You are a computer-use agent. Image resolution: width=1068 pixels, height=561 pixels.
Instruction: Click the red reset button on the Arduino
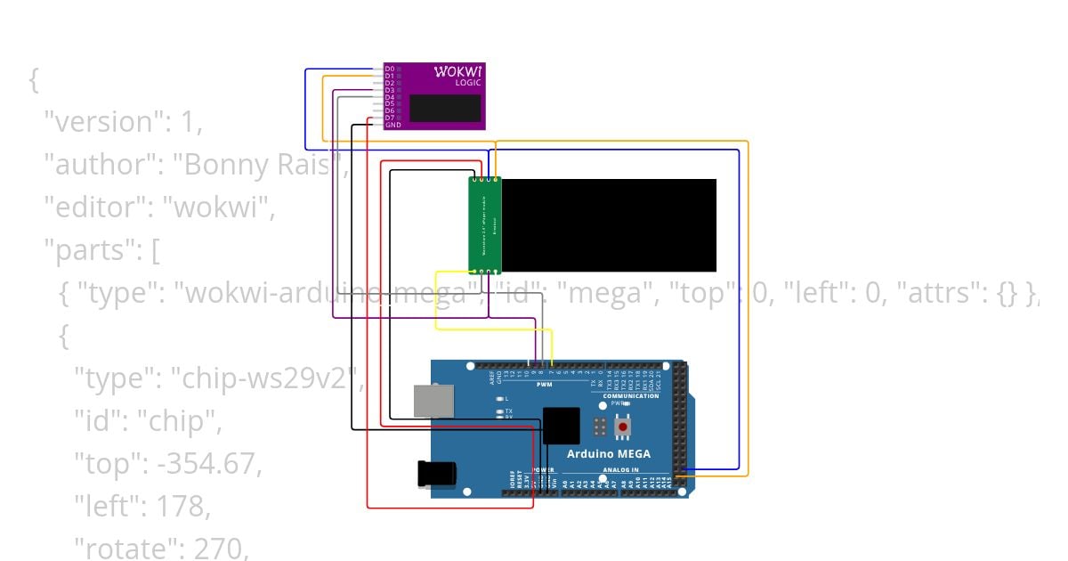pyautogui.click(x=623, y=427)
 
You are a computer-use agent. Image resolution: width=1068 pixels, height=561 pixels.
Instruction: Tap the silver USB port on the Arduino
pyautogui.click(x=433, y=401)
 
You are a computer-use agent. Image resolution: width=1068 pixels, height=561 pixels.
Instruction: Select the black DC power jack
pyautogui.click(x=436, y=472)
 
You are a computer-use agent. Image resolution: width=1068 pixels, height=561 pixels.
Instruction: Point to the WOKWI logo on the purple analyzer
pyautogui.click(x=457, y=71)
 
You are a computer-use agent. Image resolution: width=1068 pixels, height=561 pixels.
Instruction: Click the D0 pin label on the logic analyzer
pyautogui.click(x=390, y=69)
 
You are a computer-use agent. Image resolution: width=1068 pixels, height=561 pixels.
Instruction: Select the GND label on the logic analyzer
pyautogui.click(x=392, y=125)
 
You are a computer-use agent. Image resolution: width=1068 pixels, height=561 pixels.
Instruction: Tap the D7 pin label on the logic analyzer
pyautogui.click(x=390, y=118)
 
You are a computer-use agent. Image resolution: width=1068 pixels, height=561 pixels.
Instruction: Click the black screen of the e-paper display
pyautogui.click(x=609, y=225)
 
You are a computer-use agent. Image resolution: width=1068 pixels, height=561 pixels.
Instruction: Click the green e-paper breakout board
pyautogui.click(x=485, y=225)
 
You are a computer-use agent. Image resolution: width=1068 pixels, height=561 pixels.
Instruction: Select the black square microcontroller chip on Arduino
pyautogui.click(x=561, y=425)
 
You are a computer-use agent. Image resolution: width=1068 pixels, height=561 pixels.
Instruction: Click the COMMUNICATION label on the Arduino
pyautogui.click(x=630, y=396)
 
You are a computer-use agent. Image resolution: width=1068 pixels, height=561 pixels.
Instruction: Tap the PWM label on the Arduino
pyautogui.click(x=544, y=384)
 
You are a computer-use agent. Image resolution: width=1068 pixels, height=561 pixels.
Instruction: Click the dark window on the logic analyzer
pyautogui.click(x=445, y=108)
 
